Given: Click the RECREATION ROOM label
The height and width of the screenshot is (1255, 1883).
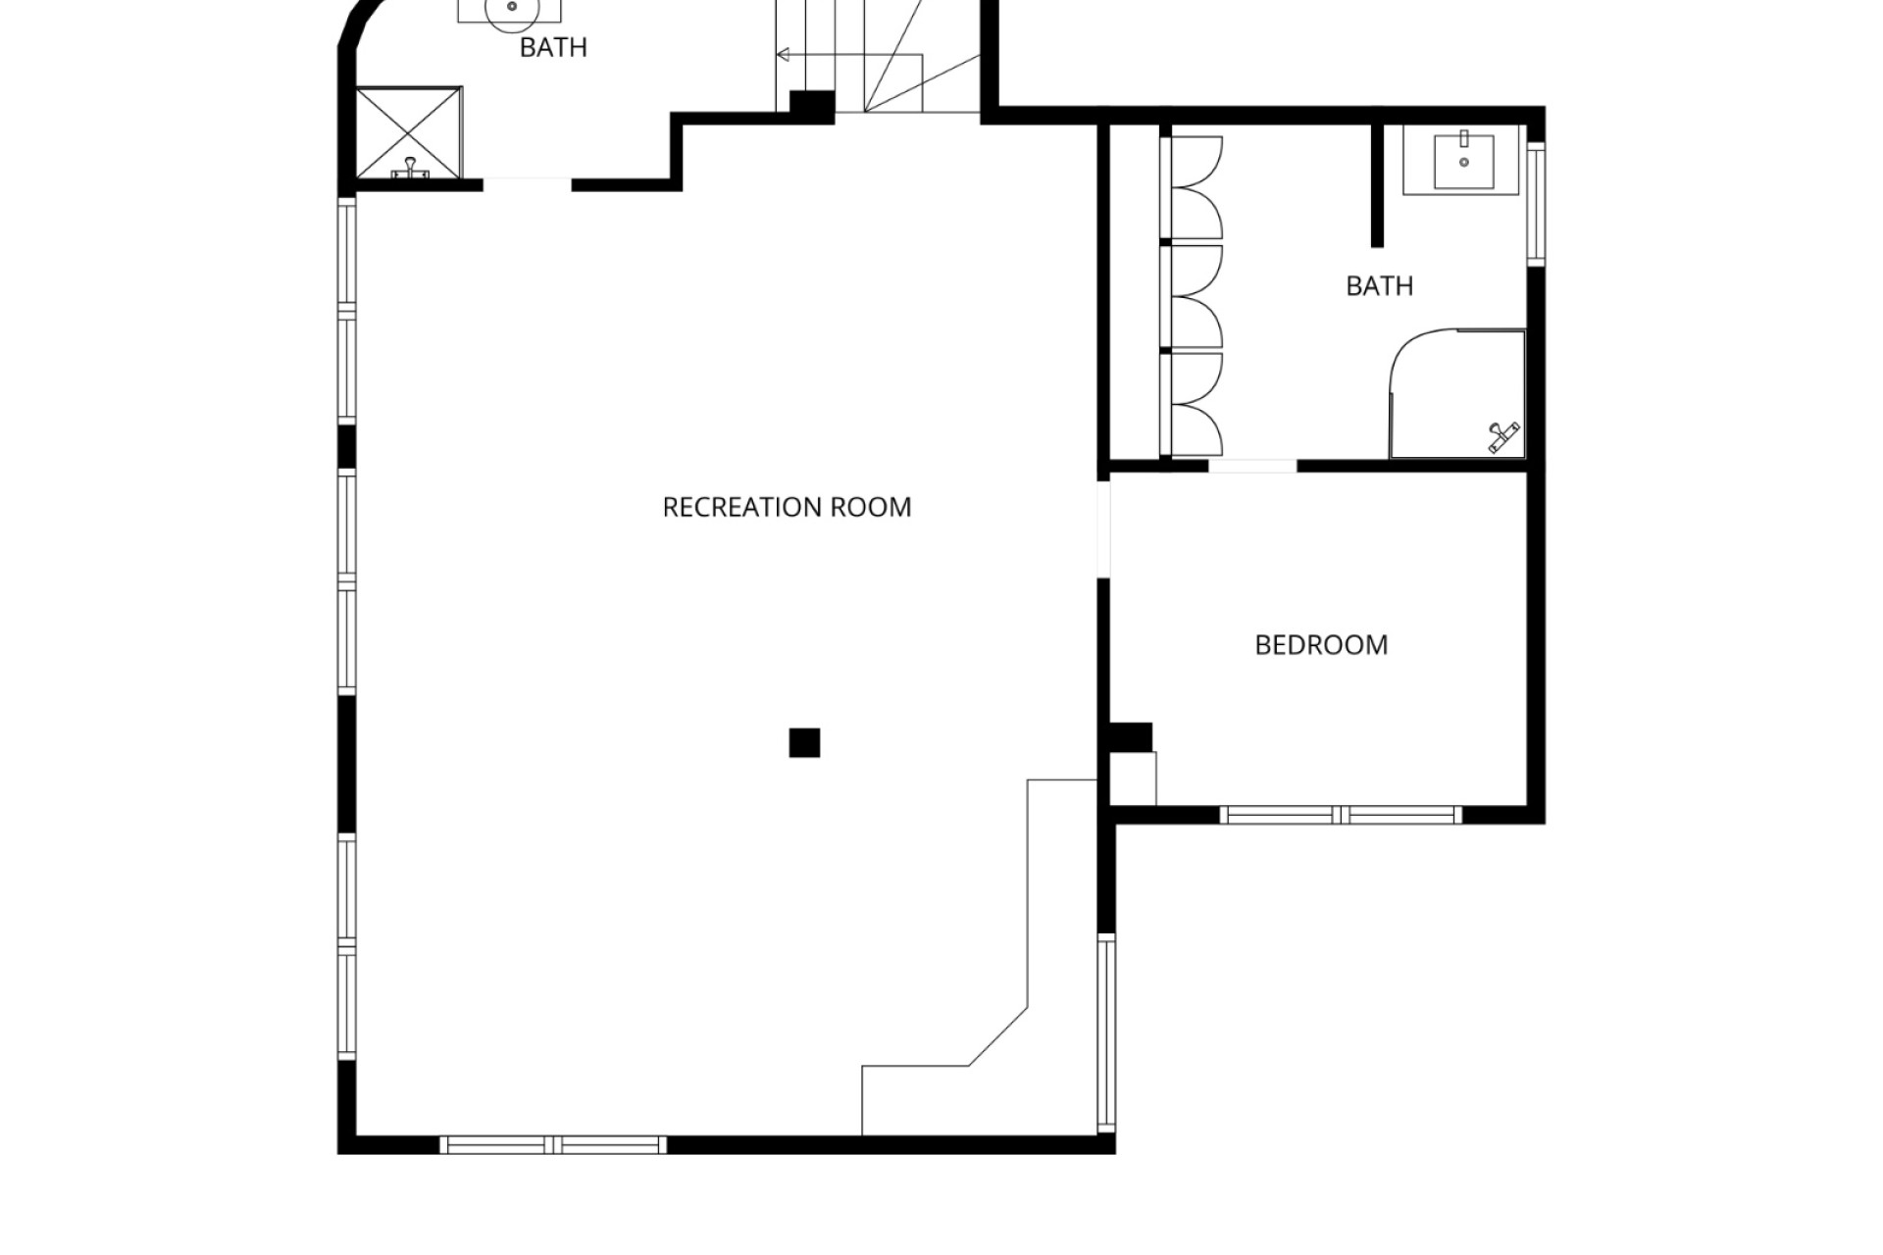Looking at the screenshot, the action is (787, 507).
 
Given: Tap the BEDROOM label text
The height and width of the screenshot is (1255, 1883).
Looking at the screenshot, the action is (1321, 645).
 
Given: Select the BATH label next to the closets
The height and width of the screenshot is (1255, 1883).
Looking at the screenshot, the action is (1379, 286).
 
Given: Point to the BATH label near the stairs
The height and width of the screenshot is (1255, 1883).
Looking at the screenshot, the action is (553, 47).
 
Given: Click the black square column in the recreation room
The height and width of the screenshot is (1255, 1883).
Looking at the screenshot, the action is (804, 743).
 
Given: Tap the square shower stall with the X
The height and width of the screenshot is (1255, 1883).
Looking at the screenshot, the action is (408, 133).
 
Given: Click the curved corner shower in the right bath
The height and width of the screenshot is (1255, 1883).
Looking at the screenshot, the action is (1457, 393).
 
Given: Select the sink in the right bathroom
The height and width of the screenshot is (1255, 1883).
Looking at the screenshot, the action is (1463, 161).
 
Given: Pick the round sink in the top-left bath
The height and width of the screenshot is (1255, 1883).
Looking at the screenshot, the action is (511, 7).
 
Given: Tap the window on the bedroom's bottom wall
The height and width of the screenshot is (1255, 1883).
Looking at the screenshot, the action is (1341, 815).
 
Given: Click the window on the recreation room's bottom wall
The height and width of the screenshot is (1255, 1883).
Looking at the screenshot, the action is (553, 1144).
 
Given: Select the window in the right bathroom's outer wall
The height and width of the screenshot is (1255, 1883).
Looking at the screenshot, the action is (1536, 204).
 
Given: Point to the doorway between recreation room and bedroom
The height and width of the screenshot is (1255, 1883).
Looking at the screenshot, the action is (1103, 529).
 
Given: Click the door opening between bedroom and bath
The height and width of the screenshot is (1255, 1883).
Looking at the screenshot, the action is (1252, 466).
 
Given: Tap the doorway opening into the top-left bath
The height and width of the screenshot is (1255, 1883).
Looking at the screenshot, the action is (527, 184).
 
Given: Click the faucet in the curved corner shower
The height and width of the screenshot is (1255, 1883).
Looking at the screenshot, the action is (1502, 436).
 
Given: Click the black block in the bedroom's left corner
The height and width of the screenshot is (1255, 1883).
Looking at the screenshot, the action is (1130, 737).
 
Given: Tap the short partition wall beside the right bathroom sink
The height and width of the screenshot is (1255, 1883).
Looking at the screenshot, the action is (1377, 185).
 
